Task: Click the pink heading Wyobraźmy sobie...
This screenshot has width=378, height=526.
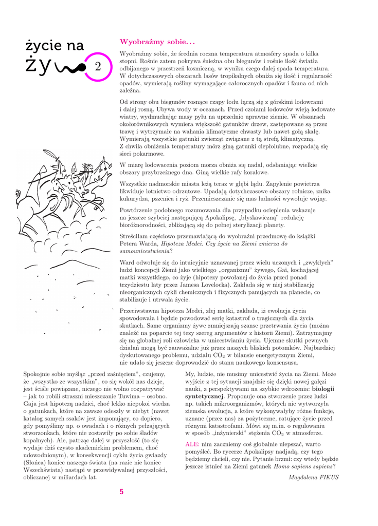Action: tap(150, 42)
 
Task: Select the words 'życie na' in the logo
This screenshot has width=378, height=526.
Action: tap(55, 46)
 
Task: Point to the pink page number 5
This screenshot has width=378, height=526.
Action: tap(121, 492)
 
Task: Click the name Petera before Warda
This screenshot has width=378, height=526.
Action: tap(131, 244)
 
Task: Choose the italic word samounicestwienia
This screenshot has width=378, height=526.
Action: tap(144, 252)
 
